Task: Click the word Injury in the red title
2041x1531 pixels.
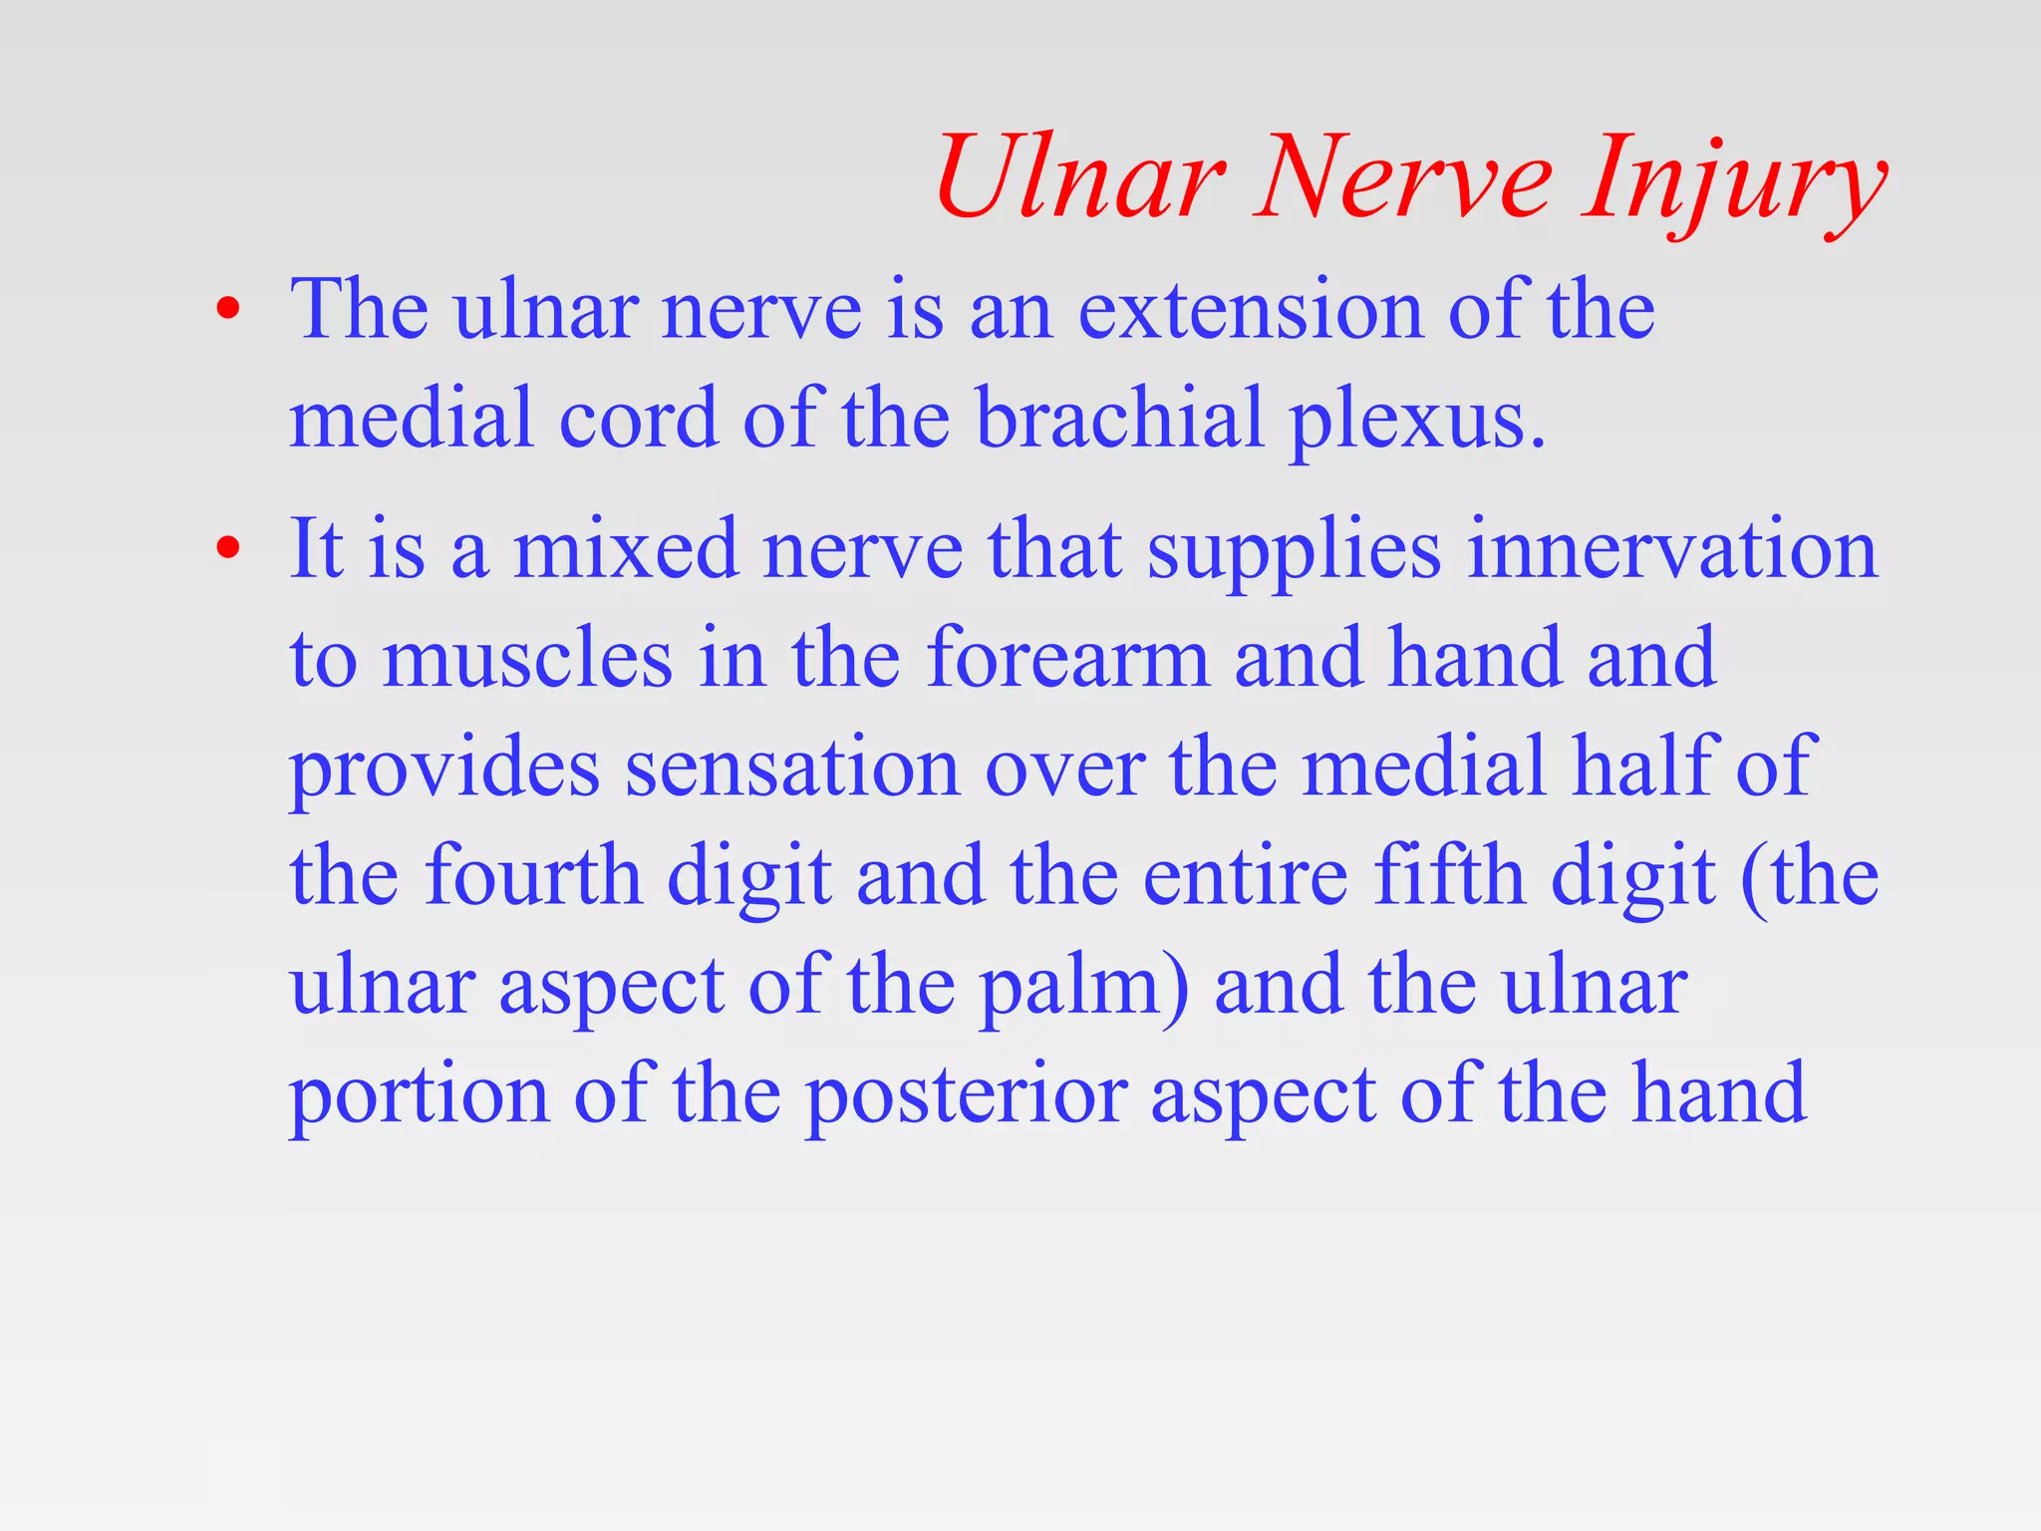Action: tap(1734, 179)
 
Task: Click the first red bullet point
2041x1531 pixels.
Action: tap(228, 310)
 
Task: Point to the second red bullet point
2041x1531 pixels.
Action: tap(228, 548)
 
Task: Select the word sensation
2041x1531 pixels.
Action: tap(792, 767)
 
